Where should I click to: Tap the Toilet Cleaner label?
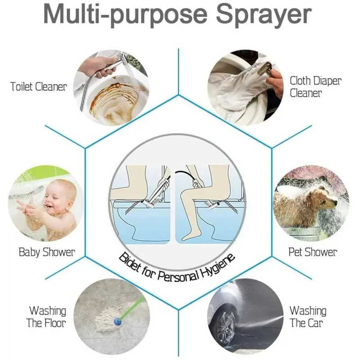tap(39, 87)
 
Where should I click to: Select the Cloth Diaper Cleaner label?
tap(315, 87)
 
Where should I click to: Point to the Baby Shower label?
tap(47, 252)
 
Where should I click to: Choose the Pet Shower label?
tap(313, 252)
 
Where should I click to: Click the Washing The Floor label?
tap(46, 317)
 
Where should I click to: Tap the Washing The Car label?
tap(308, 317)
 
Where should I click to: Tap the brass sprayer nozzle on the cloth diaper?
tap(265, 68)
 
